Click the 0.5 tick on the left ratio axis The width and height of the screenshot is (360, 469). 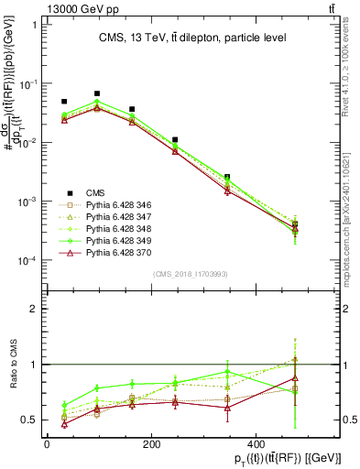tap(27, 420)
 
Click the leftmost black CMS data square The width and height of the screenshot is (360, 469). tap(64, 102)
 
